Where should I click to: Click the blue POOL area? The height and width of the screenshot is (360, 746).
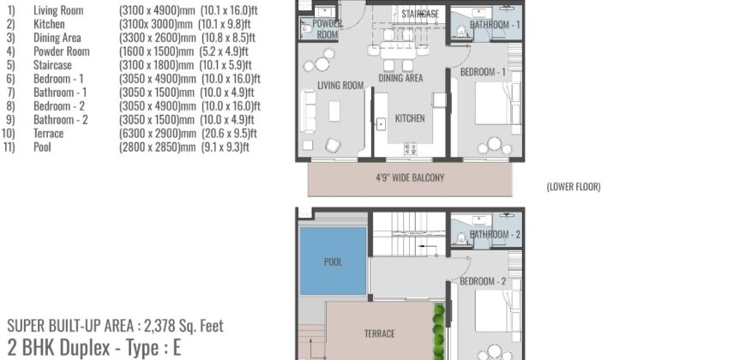click(x=334, y=261)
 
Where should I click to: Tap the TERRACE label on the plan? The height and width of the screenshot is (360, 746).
click(x=380, y=333)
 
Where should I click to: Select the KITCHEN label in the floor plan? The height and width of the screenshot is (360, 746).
click(x=410, y=118)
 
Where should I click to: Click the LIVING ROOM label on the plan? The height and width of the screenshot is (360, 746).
click(x=337, y=85)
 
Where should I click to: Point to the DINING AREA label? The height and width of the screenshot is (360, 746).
click(x=401, y=78)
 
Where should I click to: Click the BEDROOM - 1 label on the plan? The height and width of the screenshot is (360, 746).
click(x=483, y=72)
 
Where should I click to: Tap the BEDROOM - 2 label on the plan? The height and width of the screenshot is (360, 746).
click(x=483, y=281)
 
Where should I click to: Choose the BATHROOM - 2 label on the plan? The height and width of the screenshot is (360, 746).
click(x=495, y=234)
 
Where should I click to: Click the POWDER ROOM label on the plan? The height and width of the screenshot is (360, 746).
click(x=328, y=29)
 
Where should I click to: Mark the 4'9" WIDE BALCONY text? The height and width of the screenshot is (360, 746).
click(x=410, y=178)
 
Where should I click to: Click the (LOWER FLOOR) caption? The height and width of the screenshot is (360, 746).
click(x=573, y=187)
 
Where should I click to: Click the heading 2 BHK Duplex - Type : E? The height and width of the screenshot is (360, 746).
click(x=93, y=347)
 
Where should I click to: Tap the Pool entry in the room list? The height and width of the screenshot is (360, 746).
click(x=43, y=147)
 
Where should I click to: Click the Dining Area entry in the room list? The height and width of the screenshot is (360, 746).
click(x=57, y=38)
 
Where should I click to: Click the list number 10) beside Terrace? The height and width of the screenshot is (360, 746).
click(x=9, y=134)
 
